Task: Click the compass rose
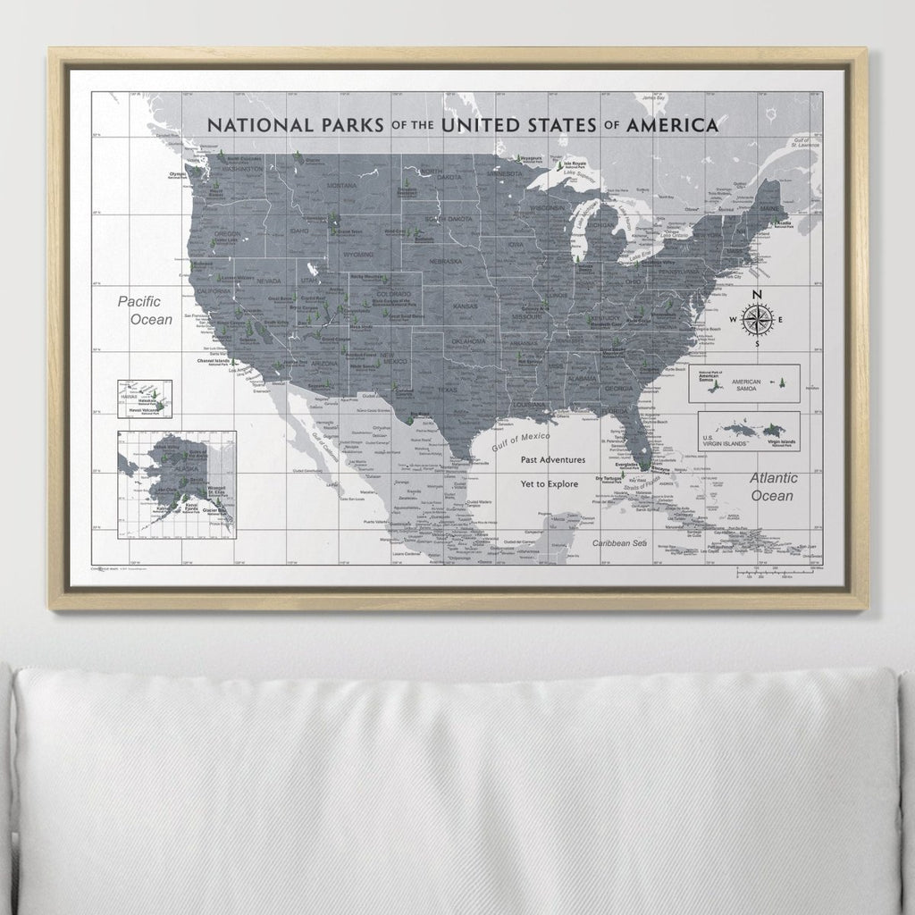(756, 319)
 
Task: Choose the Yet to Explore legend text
(550, 483)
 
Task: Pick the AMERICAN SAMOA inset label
(746, 382)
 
